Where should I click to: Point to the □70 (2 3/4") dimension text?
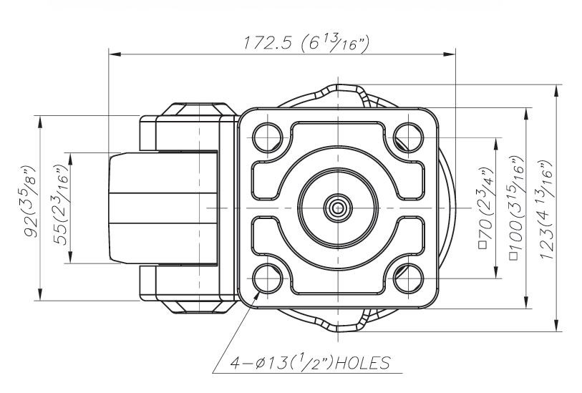488,208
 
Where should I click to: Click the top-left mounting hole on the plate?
266,135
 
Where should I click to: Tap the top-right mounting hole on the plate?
408,135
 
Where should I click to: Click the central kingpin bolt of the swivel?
336,207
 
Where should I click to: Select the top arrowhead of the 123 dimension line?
557,89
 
